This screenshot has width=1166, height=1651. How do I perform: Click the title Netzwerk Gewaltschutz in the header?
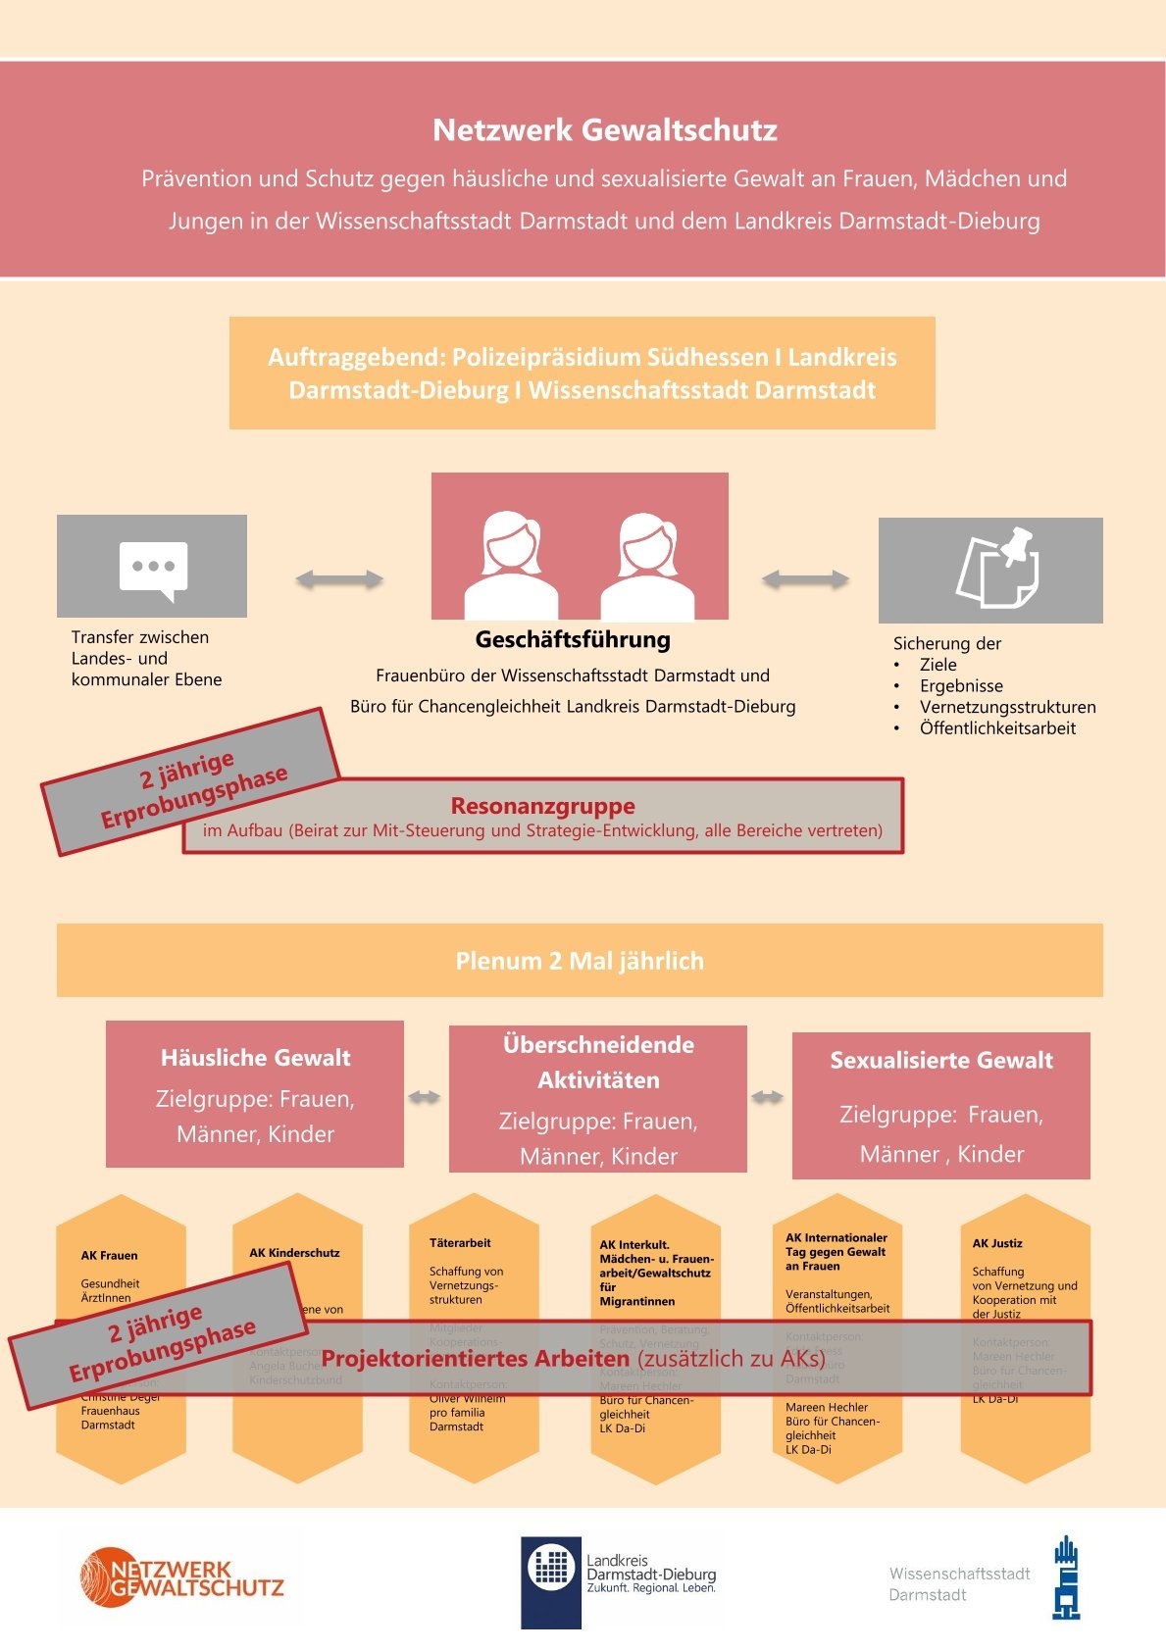(x=605, y=130)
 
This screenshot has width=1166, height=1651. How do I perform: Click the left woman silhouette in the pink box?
(x=510, y=565)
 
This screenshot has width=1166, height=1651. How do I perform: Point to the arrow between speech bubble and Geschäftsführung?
(x=339, y=579)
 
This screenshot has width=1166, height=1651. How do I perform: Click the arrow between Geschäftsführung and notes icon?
(x=805, y=579)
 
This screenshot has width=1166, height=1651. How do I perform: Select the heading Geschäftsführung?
(x=573, y=640)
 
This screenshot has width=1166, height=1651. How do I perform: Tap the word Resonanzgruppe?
(x=542, y=806)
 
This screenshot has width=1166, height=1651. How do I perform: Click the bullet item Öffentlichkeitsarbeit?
(x=997, y=728)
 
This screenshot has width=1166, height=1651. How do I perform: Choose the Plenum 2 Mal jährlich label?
(x=580, y=961)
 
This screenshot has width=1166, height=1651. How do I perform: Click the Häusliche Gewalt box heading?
(x=255, y=1058)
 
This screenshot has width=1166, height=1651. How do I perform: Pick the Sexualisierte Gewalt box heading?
(x=941, y=1061)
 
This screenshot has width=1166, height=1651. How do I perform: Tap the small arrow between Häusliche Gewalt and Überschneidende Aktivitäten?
(x=425, y=1097)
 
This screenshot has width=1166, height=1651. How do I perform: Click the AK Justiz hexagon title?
(x=997, y=1243)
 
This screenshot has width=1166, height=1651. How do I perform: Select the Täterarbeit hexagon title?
(x=460, y=1243)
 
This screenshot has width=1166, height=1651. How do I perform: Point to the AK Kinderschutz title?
(x=294, y=1253)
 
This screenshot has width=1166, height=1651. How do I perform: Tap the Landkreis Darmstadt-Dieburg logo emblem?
(x=551, y=1567)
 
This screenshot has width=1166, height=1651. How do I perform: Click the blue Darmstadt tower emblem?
(x=1066, y=1577)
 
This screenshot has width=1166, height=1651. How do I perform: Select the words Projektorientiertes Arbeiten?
(x=476, y=1359)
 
